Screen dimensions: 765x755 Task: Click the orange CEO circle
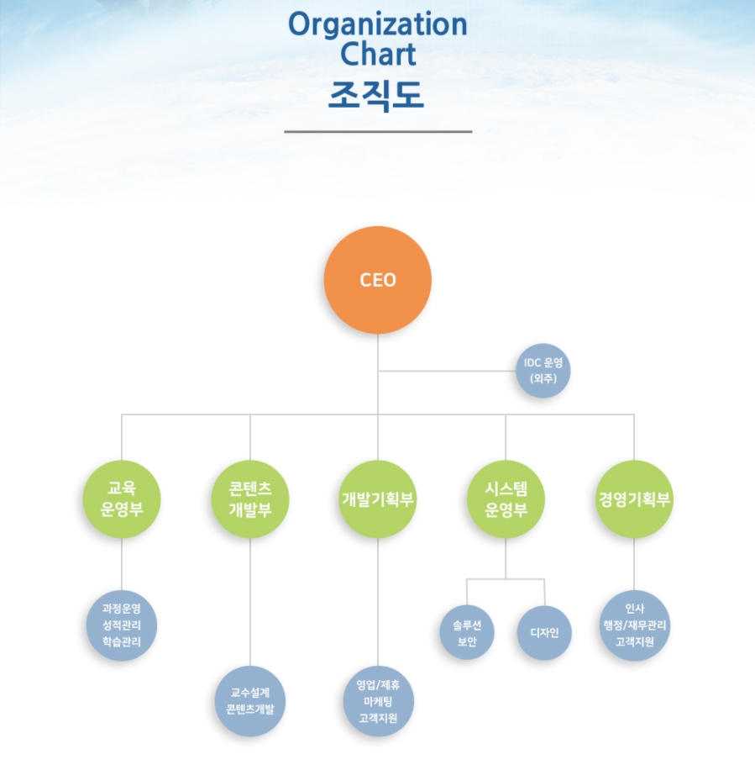[x=378, y=280]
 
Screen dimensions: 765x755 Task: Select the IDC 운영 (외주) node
[x=543, y=371]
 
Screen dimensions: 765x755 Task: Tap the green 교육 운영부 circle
[x=122, y=499]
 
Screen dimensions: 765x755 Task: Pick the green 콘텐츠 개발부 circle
[x=250, y=499]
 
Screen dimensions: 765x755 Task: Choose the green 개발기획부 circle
[x=378, y=499]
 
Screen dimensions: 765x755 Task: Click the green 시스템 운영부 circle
[x=506, y=499]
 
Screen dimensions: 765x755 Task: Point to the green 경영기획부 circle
[x=634, y=499]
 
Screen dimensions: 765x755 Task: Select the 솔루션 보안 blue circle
[x=467, y=633]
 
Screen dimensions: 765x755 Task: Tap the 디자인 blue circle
[x=545, y=633]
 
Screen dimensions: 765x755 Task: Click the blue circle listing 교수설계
[x=250, y=701]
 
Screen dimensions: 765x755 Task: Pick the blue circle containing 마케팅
[x=378, y=701]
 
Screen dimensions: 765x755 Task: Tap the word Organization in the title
[x=378, y=24]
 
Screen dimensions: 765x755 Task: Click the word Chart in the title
[x=378, y=55]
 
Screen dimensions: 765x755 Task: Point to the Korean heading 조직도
[x=378, y=95]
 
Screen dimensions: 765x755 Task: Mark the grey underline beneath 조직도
[x=378, y=132]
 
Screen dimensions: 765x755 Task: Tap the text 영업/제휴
[x=378, y=684]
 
